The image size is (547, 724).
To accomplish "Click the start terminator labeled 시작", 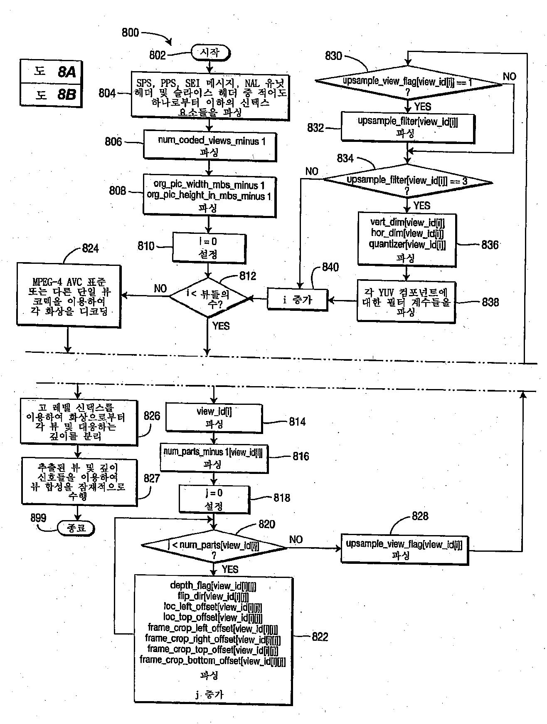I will (210, 52).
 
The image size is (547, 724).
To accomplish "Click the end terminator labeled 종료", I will (76, 528).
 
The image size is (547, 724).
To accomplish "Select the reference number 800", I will (130, 32).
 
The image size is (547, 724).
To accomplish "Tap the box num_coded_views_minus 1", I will (210, 146).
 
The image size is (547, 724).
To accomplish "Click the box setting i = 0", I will (209, 248).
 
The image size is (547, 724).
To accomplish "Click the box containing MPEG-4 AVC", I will (69, 295).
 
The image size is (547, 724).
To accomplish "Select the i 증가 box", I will (297, 299).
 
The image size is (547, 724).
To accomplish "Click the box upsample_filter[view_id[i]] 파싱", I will (407, 127).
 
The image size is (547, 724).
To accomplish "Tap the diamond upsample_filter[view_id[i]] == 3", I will (407, 182).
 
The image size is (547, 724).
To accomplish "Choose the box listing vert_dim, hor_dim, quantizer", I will (407, 239).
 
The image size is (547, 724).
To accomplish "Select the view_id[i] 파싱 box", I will (214, 417).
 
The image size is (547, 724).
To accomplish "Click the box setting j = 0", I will (214, 499).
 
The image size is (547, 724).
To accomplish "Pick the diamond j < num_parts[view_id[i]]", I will (214, 547).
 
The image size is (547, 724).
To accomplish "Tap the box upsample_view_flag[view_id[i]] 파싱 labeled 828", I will (404, 549).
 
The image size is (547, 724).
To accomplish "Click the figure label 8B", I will (67, 95).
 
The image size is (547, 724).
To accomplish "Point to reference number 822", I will (320, 637).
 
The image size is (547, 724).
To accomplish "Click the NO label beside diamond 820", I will (296, 539).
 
